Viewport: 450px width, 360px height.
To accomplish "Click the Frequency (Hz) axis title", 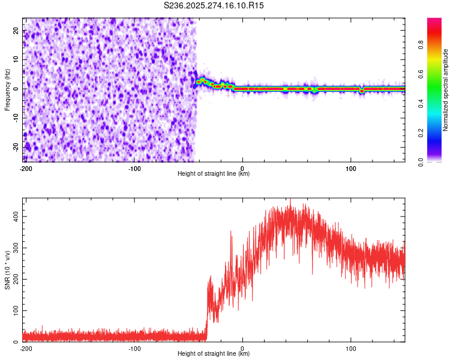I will coord(8,90).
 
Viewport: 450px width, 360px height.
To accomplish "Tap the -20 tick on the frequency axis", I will coord(16,146).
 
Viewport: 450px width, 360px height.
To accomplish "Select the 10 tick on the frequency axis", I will coord(16,60).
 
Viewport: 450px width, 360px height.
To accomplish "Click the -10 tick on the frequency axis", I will coord(16,118).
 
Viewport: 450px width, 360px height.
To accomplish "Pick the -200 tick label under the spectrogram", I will coord(26,168).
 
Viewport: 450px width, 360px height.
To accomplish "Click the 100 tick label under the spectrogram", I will coord(351,168).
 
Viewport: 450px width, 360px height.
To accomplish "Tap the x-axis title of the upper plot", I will coord(214,174).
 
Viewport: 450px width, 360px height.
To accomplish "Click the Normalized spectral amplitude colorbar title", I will coord(445,90).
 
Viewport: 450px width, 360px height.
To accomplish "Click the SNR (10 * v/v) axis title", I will coord(8,270).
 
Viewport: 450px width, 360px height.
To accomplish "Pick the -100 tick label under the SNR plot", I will coord(134,348).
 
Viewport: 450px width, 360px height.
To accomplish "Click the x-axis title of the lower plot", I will coord(214,354).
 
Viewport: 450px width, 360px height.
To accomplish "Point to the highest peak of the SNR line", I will coord(290,199).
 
